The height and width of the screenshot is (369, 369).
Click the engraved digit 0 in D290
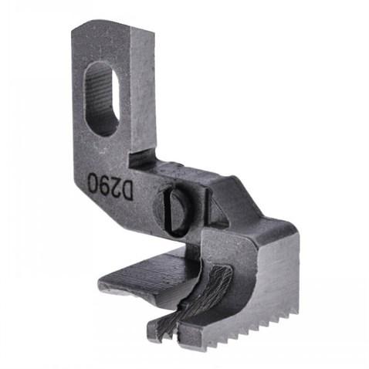point(92,182)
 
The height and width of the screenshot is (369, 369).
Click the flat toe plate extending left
point(147,274)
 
